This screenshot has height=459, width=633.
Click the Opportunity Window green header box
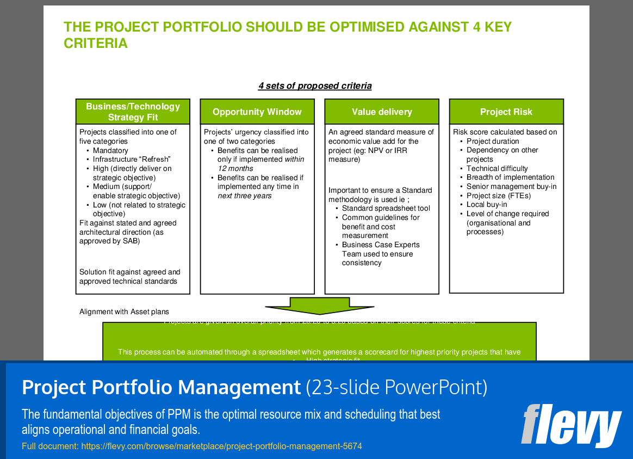tap(257, 112)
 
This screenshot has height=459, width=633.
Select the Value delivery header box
tap(382, 112)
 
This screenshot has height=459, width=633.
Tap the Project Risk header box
tap(506, 112)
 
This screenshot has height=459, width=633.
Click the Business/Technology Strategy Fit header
tap(133, 112)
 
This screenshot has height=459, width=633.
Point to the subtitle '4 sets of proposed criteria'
tap(315, 86)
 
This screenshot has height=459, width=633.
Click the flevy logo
tap(571, 425)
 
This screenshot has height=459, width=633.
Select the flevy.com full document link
tap(221, 446)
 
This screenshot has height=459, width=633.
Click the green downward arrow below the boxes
tap(319, 305)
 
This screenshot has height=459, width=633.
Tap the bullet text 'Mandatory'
tap(110, 150)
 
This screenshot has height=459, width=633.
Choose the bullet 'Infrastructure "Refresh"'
tap(132, 160)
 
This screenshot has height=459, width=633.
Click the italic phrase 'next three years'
tap(245, 196)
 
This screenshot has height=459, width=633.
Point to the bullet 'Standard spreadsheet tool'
tap(386, 209)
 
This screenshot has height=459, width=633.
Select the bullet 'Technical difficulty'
tap(497, 169)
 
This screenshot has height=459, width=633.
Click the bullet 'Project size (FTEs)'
tap(498, 196)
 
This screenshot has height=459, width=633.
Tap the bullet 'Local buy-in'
tap(487, 205)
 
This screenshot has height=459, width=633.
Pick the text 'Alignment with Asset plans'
tap(124, 312)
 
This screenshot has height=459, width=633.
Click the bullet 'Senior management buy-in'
tap(511, 187)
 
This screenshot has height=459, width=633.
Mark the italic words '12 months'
tap(235, 169)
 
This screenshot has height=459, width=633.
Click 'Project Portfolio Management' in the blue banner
tap(161, 388)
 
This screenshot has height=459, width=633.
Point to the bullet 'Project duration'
tap(493, 142)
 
